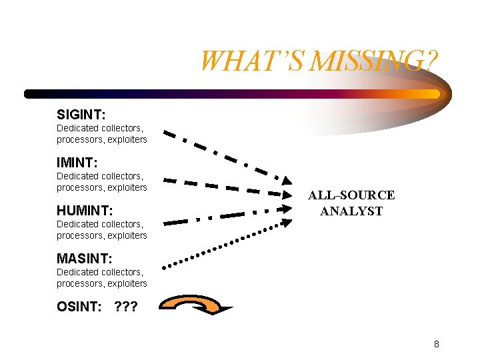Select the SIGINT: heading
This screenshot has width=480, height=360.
point(81,115)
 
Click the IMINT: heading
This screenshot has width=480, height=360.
point(77,163)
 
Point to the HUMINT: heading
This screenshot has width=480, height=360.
point(84,211)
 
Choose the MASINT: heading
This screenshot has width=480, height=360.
point(84,259)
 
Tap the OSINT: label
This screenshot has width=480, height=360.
point(79,307)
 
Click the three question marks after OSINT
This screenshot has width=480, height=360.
point(126,307)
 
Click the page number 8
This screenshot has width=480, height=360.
point(436,344)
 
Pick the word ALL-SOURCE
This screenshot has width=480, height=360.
point(351,195)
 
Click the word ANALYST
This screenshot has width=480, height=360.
point(351,211)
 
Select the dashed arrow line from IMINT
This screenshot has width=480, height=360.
point(227,187)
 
